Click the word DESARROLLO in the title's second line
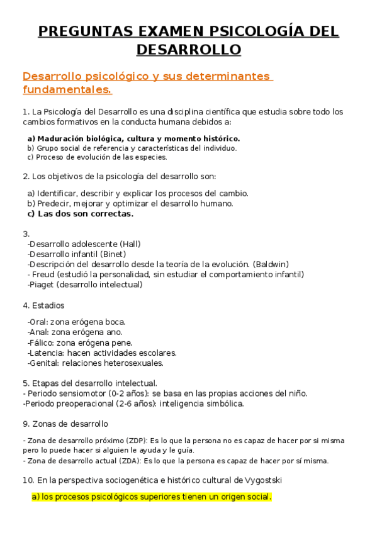tap(188, 49)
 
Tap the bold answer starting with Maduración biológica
tap(133, 138)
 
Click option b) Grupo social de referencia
tap(132, 148)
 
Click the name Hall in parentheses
tap(130, 244)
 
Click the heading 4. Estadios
tap(43, 305)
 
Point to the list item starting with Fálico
tap(80, 343)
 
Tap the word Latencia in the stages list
tap(45, 353)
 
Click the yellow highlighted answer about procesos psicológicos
tap(151, 497)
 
